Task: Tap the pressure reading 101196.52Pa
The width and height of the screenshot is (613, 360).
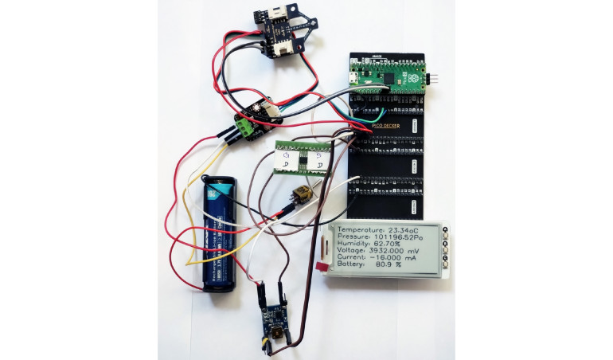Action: click(409, 238)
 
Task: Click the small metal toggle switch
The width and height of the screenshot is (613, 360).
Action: click(304, 193)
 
